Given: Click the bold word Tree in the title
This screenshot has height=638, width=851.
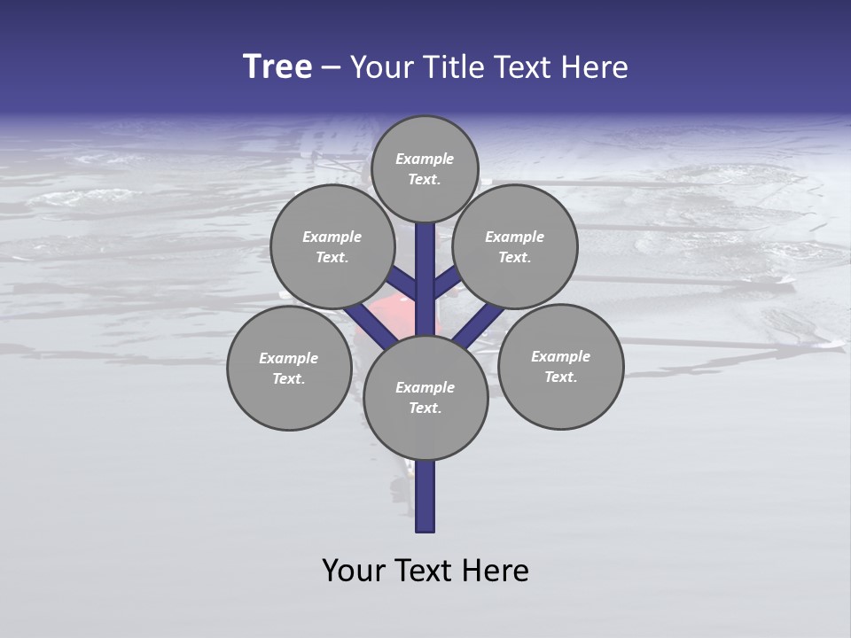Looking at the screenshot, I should point(277,67).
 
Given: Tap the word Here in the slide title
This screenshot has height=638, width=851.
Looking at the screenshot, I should point(595,67).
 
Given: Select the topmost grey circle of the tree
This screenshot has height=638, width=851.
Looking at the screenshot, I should point(425,168).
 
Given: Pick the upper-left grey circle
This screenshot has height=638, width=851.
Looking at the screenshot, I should point(332,246).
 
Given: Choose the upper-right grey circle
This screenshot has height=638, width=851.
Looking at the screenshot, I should point(515,246).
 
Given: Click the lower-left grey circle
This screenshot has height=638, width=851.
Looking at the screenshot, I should point(289,369).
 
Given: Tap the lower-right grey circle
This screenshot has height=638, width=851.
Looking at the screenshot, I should point(561,366).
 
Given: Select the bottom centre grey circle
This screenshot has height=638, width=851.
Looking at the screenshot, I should point(425,397).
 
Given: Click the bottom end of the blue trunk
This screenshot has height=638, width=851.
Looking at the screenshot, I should point(425,528).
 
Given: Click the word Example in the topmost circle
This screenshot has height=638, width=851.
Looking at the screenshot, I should point(425,159).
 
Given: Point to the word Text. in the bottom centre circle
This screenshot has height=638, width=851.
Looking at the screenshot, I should point(425,408).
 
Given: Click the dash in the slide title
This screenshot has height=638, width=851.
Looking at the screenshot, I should point(331,68).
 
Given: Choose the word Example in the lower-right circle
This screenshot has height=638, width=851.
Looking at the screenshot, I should point(560,356).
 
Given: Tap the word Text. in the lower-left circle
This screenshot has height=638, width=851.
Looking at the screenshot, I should point(289,379).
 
